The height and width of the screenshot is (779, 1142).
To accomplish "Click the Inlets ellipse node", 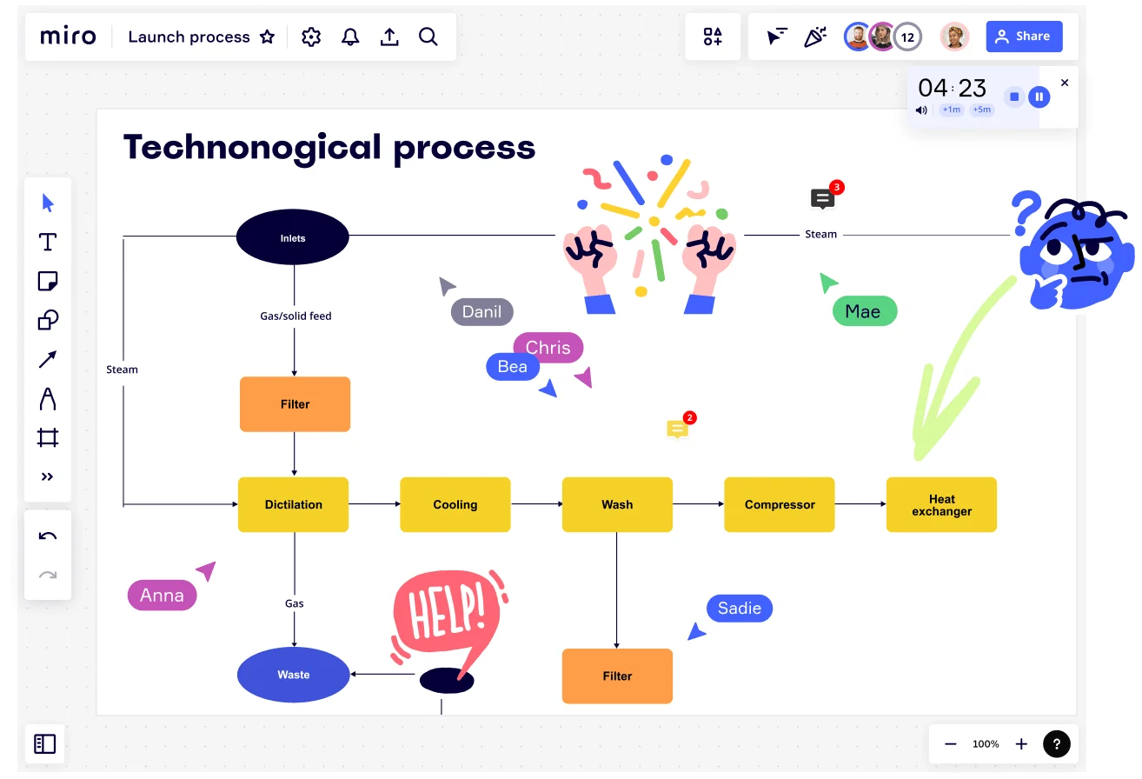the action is click(293, 237).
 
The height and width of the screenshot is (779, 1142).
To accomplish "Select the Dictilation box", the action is click(293, 504).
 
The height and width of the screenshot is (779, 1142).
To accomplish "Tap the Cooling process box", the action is click(455, 504).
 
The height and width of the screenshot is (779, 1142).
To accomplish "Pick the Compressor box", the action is click(780, 504).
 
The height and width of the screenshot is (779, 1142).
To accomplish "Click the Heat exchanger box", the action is click(941, 504).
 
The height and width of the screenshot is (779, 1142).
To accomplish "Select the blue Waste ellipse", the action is click(293, 675).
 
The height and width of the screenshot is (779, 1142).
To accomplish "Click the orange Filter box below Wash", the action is click(617, 676).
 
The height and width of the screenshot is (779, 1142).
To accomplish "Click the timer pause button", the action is click(1039, 97).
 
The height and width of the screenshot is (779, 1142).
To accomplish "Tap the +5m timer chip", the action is click(982, 110).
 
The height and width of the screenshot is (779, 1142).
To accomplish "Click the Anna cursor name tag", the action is click(163, 595).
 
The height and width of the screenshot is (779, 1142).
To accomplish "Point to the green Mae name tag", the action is click(865, 311).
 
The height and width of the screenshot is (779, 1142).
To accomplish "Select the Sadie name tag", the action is click(740, 608).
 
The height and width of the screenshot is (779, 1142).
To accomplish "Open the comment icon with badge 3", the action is click(823, 198).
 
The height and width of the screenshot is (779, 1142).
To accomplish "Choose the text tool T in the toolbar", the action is click(48, 242).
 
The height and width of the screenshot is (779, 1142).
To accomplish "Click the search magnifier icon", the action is click(428, 37).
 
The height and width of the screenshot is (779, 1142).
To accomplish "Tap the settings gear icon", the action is click(311, 37).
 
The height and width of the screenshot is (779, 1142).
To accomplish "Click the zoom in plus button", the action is click(1021, 744).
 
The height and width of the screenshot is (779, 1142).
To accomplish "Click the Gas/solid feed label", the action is click(295, 316).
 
